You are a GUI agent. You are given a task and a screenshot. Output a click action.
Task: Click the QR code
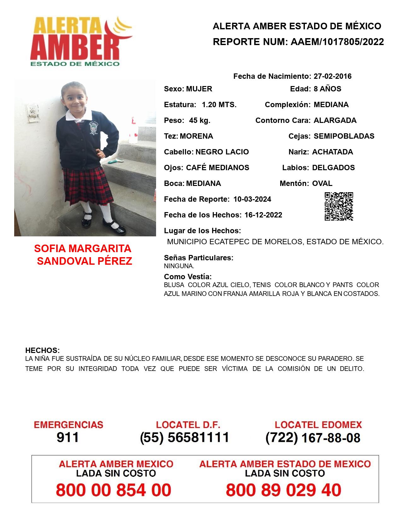coord(339,206)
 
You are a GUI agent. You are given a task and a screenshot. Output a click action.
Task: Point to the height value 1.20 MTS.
coord(219,105)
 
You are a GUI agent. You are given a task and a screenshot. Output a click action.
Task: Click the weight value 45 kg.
coord(200,120)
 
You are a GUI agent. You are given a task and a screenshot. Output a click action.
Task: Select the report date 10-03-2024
coord(252,199)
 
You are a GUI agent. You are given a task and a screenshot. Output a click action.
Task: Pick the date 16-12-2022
coord(263,215)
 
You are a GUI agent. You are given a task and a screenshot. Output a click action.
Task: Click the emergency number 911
coord(67,437)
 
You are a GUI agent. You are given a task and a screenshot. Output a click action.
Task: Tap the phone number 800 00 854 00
coord(114,490)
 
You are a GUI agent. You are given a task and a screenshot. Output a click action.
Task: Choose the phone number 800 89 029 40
coord(283,490)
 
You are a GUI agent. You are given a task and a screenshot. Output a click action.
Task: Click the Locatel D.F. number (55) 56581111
coord(184,437)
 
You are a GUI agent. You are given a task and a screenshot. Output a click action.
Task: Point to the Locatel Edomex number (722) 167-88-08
coord(313,438)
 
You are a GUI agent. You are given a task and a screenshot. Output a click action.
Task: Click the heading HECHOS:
coord(42,350)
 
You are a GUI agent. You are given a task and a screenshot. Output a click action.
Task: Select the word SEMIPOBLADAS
coord(344,136)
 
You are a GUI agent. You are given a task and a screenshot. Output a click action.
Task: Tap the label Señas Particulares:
coord(198,258)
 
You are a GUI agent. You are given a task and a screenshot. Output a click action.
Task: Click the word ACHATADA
coord(332,152)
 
